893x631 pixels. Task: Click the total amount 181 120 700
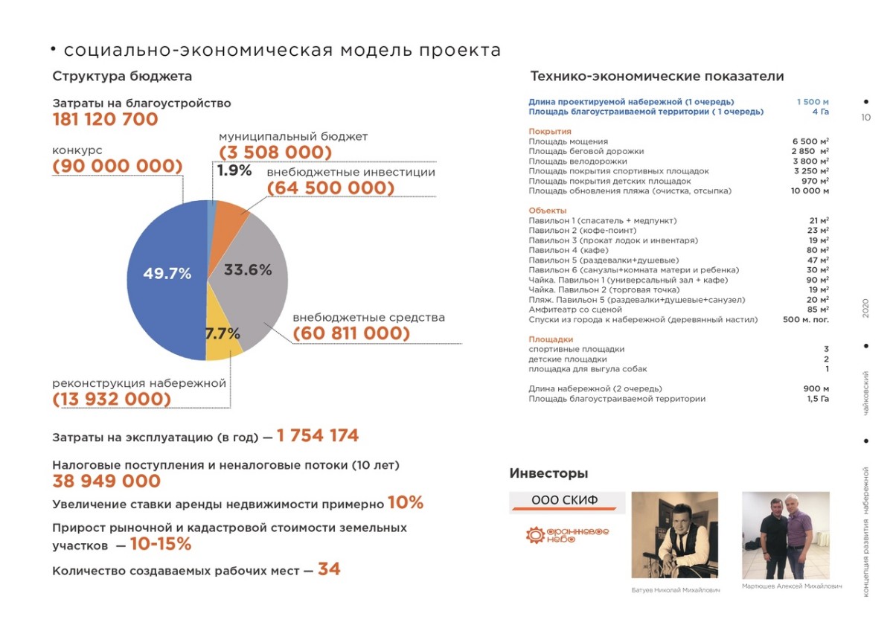pyautogui.click(x=105, y=120)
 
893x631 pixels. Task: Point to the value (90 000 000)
pyautogui.click(x=118, y=166)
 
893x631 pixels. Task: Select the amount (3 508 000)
pyautogui.click(x=275, y=153)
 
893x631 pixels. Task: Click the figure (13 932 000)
pyautogui.click(x=112, y=400)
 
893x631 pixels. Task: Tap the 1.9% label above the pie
pyautogui.click(x=234, y=170)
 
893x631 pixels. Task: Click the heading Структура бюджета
pyautogui.click(x=122, y=76)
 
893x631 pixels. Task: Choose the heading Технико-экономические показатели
pyautogui.click(x=656, y=76)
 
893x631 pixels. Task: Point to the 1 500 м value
pyautogui.click(x=813, y=102)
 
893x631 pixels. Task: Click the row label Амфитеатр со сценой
pyautogui.click(x=575, y=310)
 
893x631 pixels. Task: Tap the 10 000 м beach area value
pyautogui.click(x=810, y=191)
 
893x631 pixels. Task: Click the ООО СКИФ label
pyautogui.click(x=565, y=500)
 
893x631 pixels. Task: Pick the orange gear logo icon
pyautogui.click(x=535, y=535)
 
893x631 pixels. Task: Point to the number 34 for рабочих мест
pyautogui.click(x=329, y=570)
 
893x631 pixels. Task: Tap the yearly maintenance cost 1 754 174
pyautogui.click(x=318, y=436)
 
